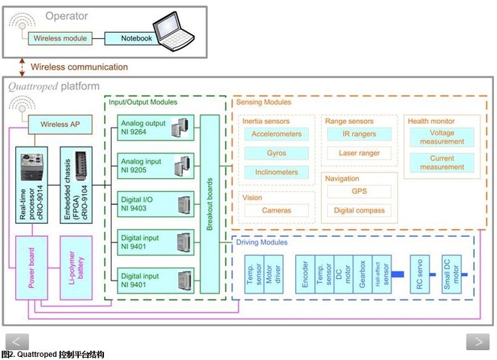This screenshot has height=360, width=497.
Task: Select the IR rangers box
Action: tap(359, 134)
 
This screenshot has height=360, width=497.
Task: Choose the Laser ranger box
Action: tap(359, 153)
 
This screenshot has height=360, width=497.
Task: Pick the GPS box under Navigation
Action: tap(359, 191)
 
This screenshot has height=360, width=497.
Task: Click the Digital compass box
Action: tap(359, 209)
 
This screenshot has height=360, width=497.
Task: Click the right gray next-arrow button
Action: tap(477, 342)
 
